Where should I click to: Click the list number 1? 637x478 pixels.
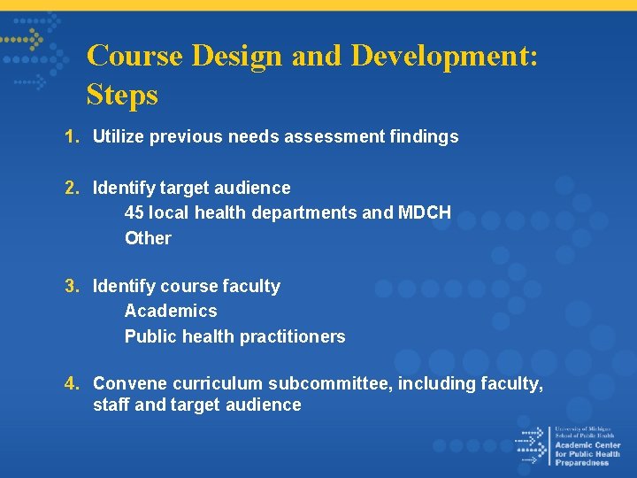[x=71, y=136]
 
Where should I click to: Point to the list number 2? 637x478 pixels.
[x=71, y=188]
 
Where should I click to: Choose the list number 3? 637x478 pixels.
[x=71, y=286]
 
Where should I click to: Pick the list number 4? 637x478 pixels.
[x=71, y=383]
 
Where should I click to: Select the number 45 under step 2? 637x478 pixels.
[x=134, y=212]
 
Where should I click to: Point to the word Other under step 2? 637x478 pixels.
[x=148, y=238]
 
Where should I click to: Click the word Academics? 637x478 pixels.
[x=171, y=311]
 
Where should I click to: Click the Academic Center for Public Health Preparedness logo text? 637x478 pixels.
[x=587, y=446]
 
